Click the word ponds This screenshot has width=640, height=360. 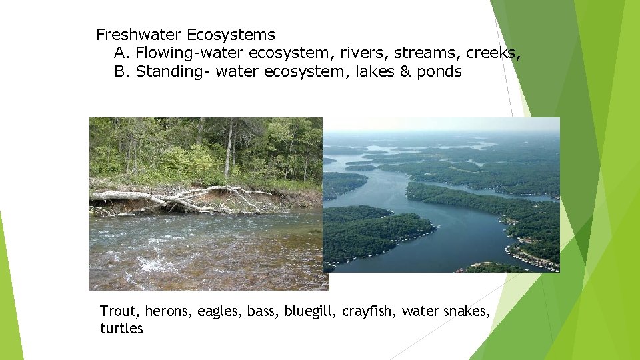click(x=439, y=72)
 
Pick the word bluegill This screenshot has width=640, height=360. click(x=311, y=311)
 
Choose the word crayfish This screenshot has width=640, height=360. click(x=369, y=311)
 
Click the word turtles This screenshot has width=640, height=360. click(x=121, y=329)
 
